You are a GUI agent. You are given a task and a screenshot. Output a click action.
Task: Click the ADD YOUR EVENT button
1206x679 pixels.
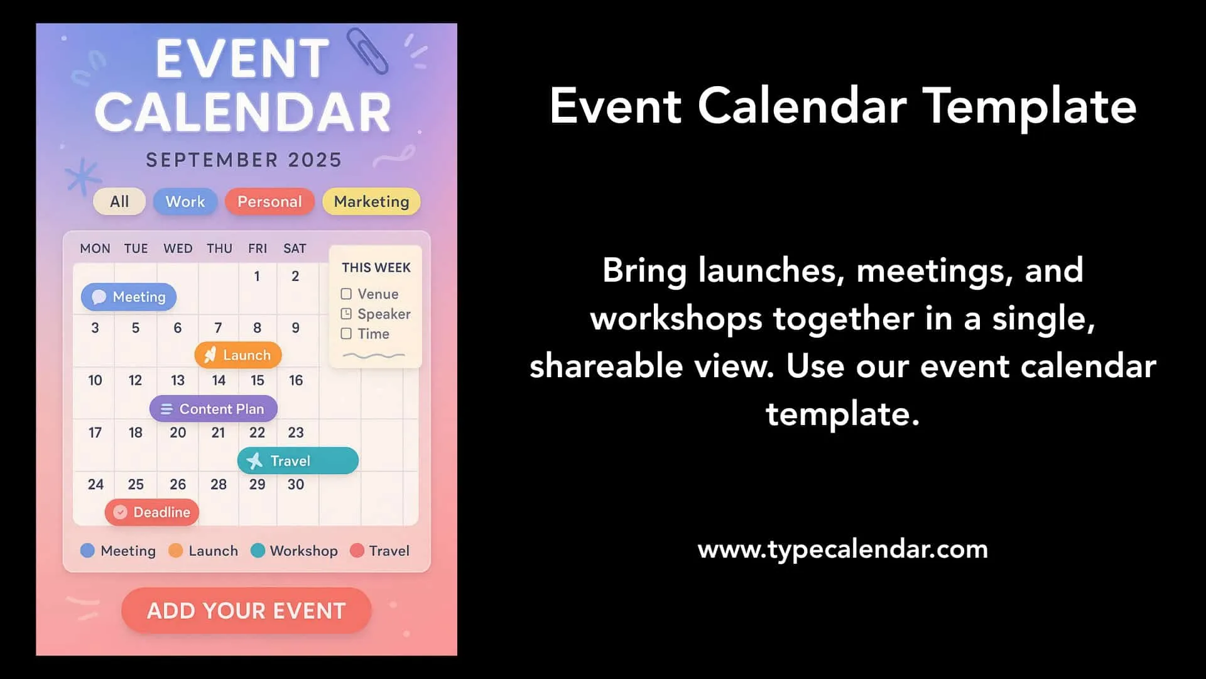coord(246,610)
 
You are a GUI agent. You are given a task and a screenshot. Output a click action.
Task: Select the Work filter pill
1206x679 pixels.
coord(185,202)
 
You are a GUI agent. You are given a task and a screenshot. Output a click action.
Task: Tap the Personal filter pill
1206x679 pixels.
coord(269,202)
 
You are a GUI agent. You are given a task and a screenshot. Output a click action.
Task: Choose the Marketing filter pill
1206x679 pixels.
coord(371,202)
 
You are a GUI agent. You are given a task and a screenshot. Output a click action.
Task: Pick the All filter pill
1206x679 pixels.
coord(119,202)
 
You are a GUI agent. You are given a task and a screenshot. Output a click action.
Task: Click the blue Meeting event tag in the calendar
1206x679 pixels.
coord(129,297)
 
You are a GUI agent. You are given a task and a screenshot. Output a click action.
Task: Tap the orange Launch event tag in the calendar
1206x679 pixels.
coord(238,355)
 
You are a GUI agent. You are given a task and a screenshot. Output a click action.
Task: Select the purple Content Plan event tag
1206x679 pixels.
coord(214,409)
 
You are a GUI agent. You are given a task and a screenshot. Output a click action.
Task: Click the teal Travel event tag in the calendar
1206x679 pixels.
coord(298,461)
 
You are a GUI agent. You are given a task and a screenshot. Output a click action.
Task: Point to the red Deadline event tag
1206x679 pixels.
coord(152,512)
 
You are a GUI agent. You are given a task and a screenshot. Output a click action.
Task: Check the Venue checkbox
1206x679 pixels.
coord(346,294)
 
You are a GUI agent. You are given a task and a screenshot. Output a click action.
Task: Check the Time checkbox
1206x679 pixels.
coord(346,334)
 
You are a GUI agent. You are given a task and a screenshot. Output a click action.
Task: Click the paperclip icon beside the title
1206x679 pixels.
coord(367,50)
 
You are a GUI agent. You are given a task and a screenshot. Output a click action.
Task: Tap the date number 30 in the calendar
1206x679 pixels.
coord(296,485)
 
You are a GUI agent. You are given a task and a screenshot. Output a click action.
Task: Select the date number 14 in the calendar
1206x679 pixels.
coord(219,380)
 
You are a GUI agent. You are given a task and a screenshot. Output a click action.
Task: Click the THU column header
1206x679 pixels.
coord(220,249)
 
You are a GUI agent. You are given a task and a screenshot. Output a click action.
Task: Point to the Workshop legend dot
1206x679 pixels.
coord(258,551)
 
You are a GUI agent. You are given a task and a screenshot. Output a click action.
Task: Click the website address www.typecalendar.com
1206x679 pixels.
coord(843,549)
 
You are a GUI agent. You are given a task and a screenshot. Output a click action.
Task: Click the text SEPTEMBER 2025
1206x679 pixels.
coord(244,160)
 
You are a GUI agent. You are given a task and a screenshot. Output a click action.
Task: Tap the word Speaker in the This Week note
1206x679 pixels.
coord(384,314)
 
